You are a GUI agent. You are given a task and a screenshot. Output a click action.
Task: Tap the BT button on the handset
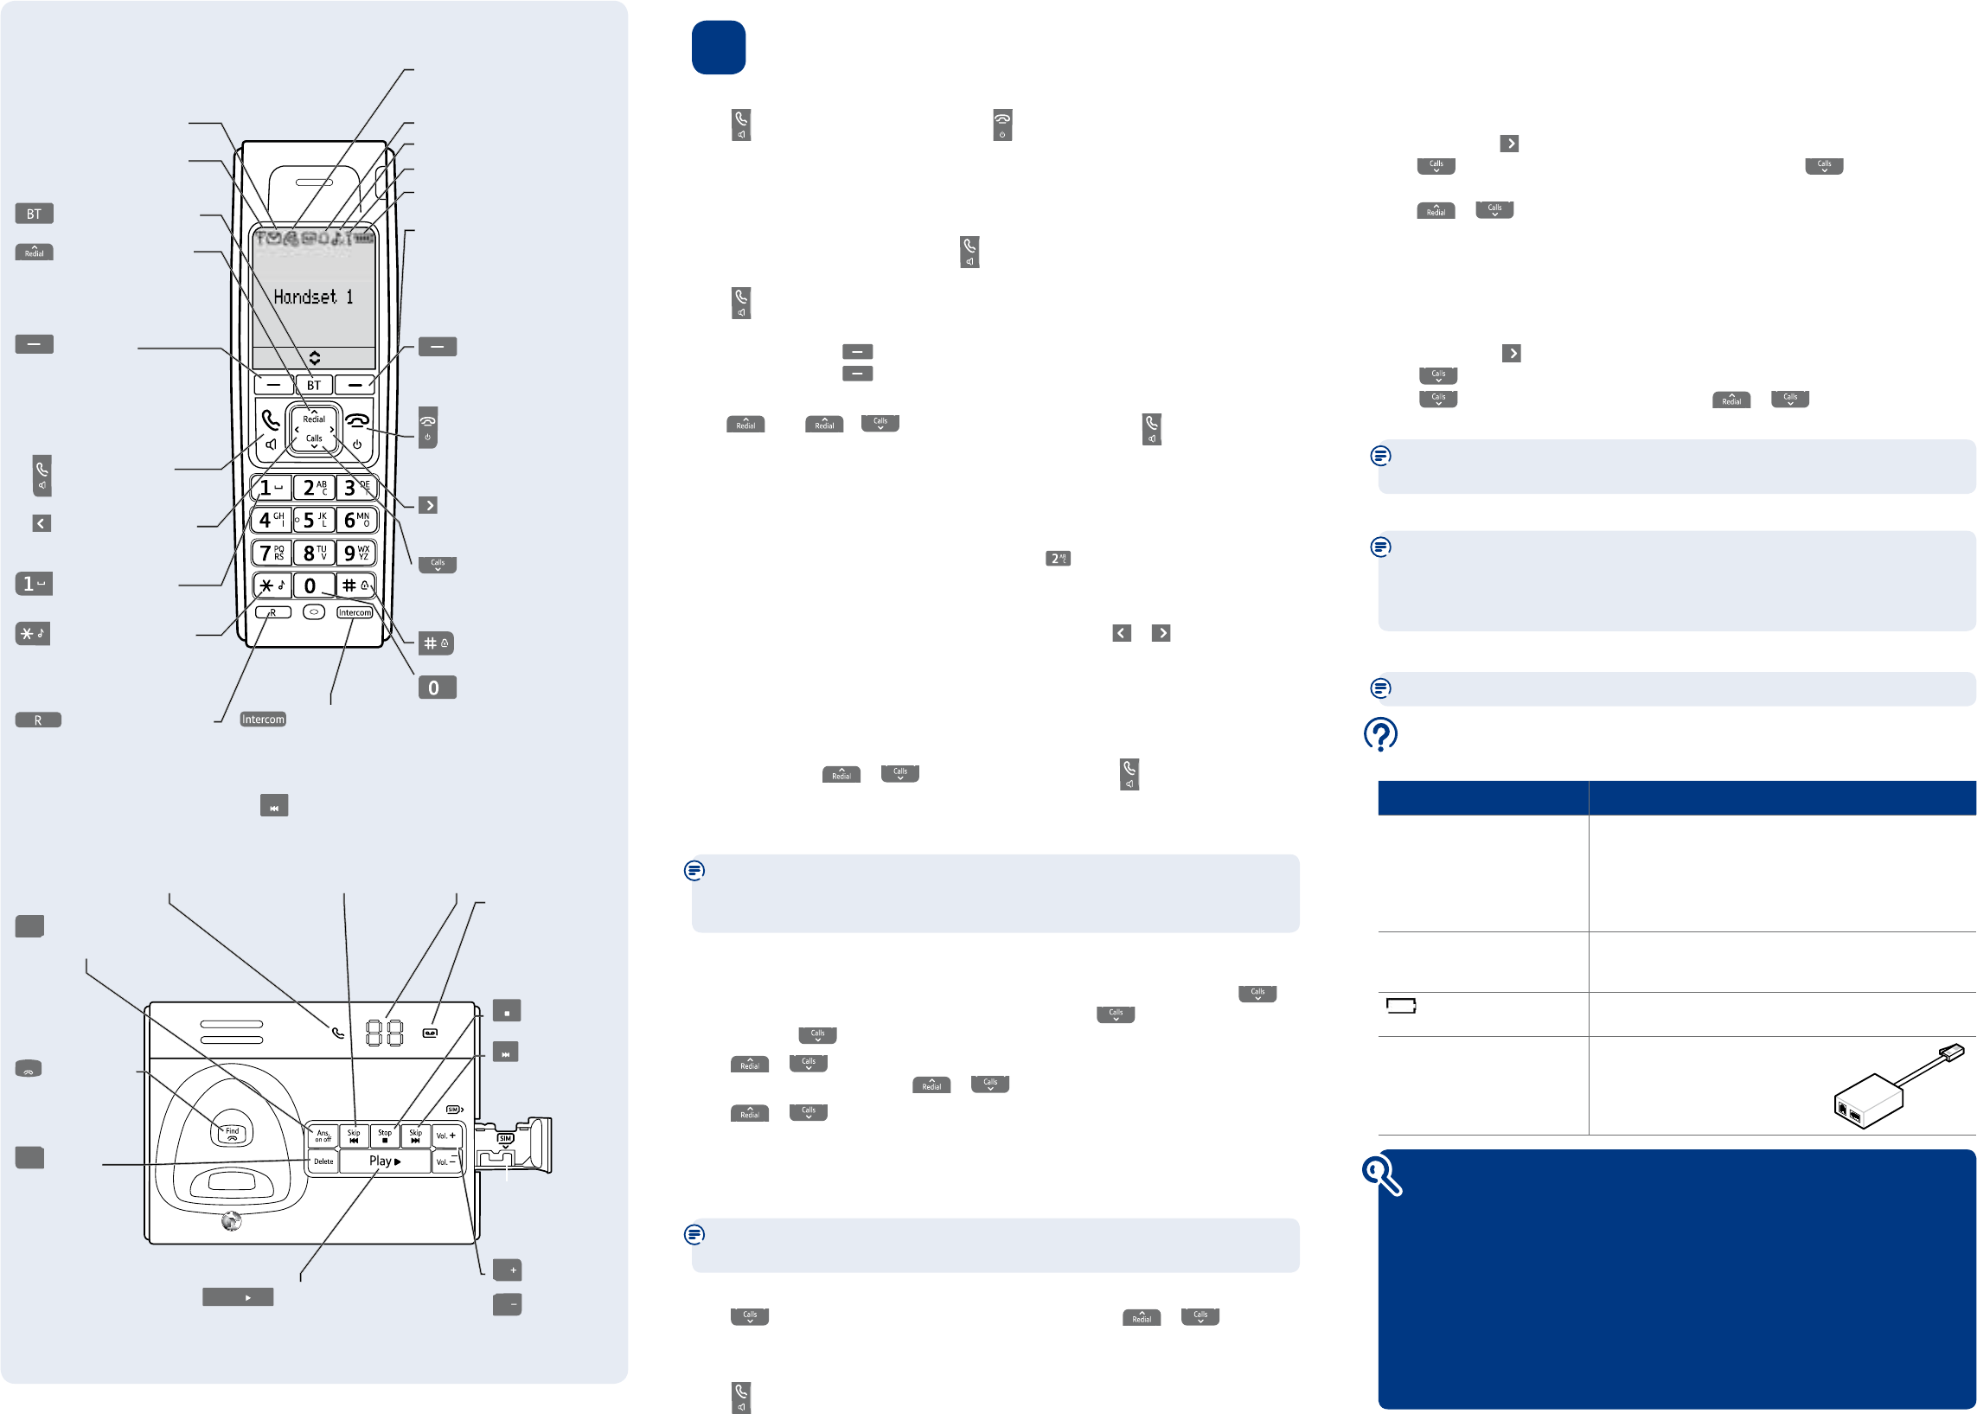313,385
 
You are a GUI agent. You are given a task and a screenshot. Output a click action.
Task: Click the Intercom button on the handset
355,613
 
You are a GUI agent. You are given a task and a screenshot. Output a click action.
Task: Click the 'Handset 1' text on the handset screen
313,298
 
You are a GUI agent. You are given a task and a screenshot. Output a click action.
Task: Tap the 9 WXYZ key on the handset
356,553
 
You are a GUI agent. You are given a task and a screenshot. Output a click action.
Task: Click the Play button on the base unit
385,1161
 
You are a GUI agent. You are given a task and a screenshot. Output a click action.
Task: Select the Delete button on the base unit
323,1161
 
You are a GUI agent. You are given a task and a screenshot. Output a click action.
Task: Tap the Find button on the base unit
233,1133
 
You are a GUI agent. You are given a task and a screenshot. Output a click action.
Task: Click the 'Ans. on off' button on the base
323,1136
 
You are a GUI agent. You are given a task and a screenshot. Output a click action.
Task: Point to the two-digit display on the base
384,1033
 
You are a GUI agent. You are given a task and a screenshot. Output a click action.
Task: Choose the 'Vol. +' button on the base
446,1136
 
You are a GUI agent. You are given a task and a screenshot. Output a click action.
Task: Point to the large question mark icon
1380,734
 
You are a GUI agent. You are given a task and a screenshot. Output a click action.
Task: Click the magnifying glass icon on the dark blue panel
1380,1175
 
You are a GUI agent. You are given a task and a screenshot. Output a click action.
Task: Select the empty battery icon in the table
1401,1007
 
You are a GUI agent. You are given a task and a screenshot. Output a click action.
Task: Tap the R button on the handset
273,613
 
